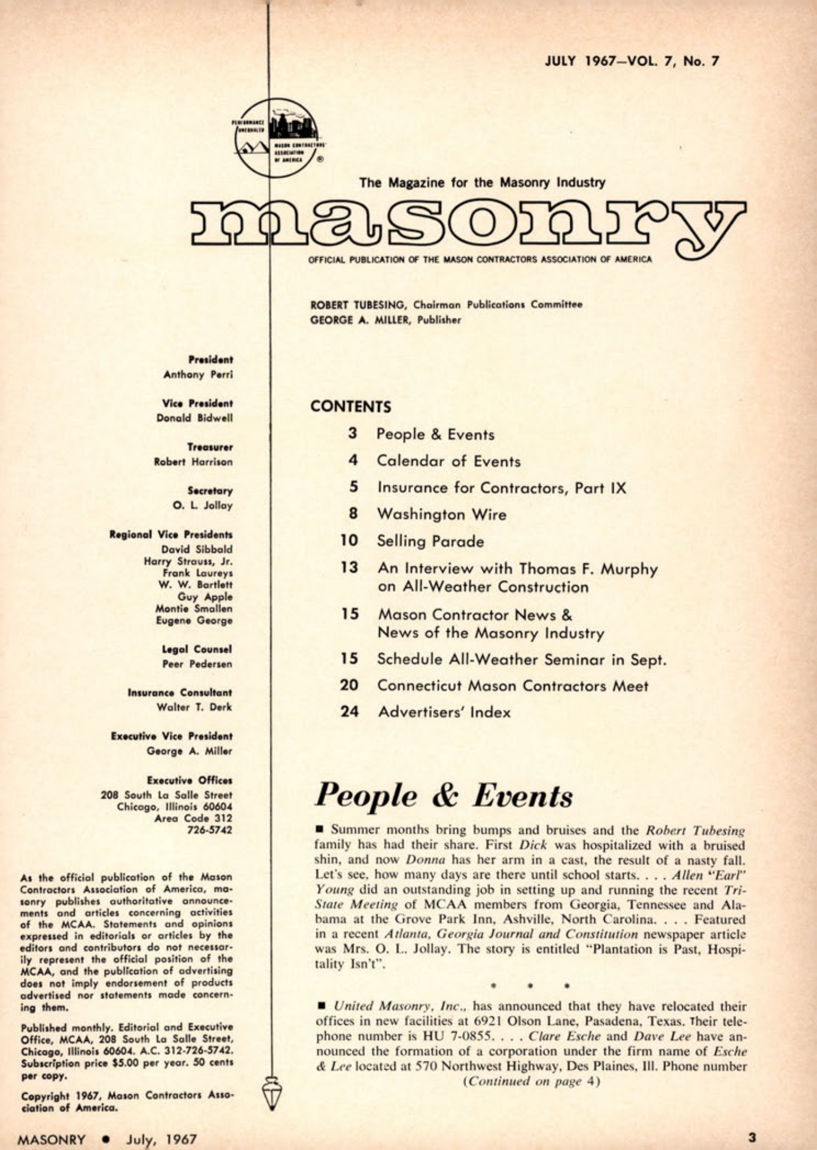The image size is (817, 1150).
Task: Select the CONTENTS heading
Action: pos(350,406)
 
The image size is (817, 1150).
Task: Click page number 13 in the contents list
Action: pos(349,567)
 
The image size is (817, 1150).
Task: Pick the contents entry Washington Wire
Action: pos(441,515)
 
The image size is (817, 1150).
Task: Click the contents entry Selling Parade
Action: pos(430,541)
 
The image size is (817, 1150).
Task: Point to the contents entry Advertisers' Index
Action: pos(444,712)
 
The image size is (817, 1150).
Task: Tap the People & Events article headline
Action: pos(444,796)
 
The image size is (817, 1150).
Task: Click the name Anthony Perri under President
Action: pos(198,375)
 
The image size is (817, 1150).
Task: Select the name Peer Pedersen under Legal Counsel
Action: pos(197,664)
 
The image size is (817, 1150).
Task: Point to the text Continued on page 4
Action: pos(531,1081)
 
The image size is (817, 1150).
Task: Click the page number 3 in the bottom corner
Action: pos(753,1138)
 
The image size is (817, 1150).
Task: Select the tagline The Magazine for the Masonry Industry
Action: pos(482,183)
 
